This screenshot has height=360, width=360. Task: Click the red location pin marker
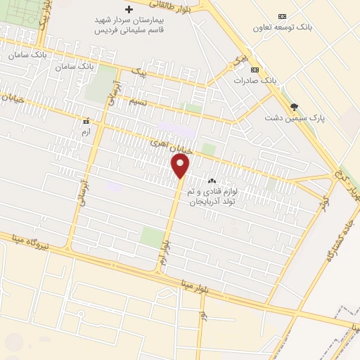[181, 167]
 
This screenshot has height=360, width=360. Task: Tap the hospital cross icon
[128, 10]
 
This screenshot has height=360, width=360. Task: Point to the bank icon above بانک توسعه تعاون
[282, 16]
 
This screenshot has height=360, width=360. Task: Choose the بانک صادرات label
[254, 81]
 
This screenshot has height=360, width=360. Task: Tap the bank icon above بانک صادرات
[254, 70]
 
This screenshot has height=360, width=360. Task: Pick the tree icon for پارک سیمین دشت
[294, 106]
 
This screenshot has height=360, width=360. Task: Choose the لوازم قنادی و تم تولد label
[212, 196]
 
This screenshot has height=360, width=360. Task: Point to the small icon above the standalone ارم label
[86, 121]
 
